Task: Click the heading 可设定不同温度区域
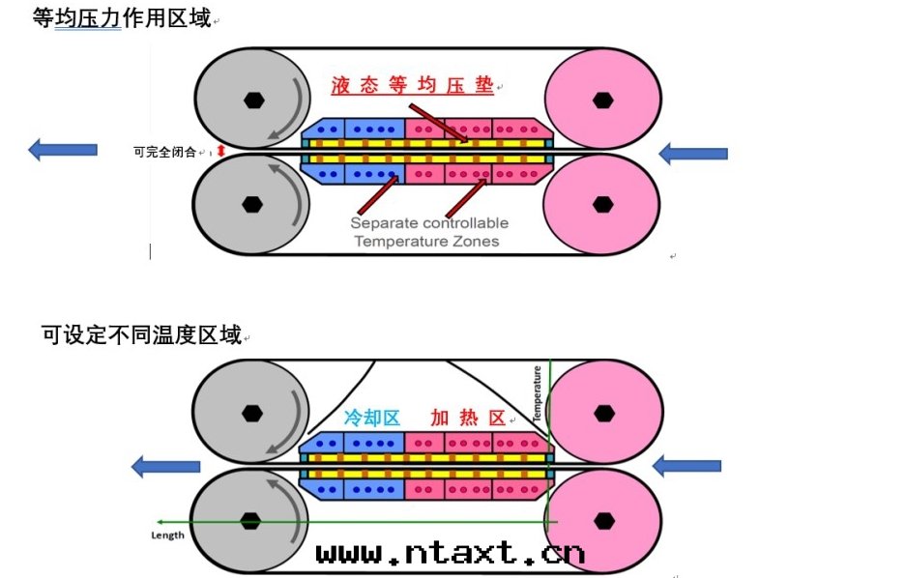(140, 335)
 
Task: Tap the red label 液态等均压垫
(412, 86)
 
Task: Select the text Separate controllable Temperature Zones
(428, 232)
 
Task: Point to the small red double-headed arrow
(220, 151)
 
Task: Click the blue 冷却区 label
(372, 419)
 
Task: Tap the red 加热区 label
(469, 419)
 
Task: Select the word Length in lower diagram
(168, 535)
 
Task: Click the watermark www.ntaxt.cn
(451, 552)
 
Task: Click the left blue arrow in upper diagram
(63, 150)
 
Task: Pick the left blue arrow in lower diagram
(165, 467)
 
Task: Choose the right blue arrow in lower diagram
(686, 466)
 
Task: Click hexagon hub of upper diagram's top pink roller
(603, 99)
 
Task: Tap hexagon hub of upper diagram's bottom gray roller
(252, 204)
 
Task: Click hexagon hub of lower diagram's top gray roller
(252, 413)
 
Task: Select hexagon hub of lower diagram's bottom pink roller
(605, 521)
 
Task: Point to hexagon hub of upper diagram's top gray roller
(252, 99)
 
